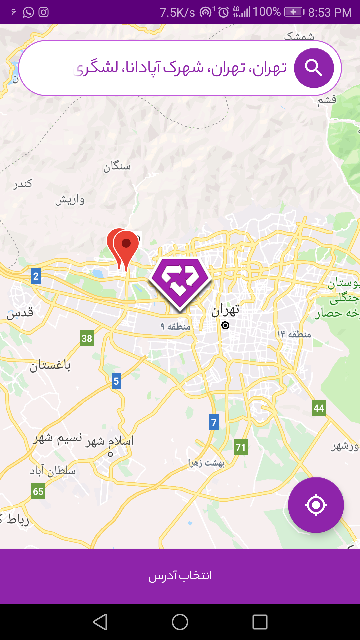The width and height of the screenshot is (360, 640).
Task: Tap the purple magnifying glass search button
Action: click(x=314, y=68)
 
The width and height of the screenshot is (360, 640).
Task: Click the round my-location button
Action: click(x=316, y=505)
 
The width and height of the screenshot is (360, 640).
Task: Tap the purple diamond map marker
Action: click(x=180, y=283)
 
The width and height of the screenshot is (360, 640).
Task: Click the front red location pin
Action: click(x=126, y=248)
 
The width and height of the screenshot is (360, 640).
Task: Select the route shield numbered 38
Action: click(x=87, y=338)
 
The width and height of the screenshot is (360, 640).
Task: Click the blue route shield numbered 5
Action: click(x=116, y=381)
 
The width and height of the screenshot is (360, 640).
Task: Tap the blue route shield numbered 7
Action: click(x=214, y=422)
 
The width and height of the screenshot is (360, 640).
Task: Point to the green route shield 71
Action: click(x=241, y=447)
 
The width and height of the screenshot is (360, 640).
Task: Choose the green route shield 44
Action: click(x=319, y=408)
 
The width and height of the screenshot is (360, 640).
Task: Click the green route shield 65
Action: click(x=38, y=491)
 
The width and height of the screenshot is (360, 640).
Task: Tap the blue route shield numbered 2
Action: click(x=36, y=276)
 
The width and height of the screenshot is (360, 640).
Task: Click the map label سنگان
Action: click(x=117, y=166)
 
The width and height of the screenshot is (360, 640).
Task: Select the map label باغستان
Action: click(x=50, y=366)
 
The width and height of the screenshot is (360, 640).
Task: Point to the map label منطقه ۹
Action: click(x=176, y=326)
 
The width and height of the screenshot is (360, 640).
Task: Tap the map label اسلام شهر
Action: click(x=110, y=441)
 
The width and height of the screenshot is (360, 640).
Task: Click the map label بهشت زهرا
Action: click(x=206, y=463)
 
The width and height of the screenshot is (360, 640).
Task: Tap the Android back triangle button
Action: click(x=100, y=622)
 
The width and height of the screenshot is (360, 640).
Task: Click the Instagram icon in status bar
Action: click(x=44, y=12)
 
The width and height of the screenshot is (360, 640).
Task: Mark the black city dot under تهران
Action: click(x=225, y=325)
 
